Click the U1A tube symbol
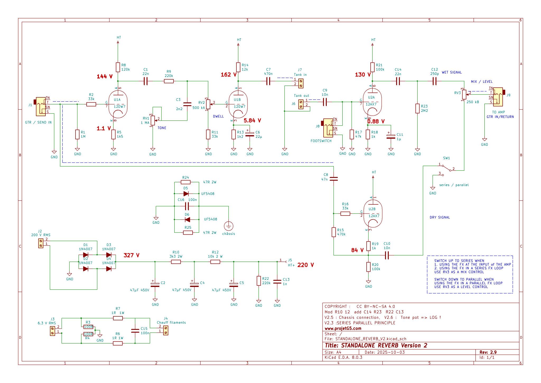pyautogui.click(x=118, y=104)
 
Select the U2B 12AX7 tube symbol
pyautogui.click(x=373, y=213)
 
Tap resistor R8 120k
pyautogui.click(x=118, y=67)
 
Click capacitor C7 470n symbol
pyautogui.click(x=268, y=81)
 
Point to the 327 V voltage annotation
pyautogui.click(x=131, y=255)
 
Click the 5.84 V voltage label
pyautogui.click(x=252, y=121)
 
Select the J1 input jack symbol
pyautogui.click(x=41, y=106)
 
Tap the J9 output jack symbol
pyautogui.click(x=498, y=97)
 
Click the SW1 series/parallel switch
pyautogui.click(x=447, y=168)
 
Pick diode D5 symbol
pyautogui.click(x=186, y=194)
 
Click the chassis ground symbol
pyautogui.click(x=228, y=226)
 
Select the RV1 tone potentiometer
pyautogui.click(x=153, y=120)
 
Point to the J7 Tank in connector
pyautogui.click(x=301, y=84)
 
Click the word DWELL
pyautogui.click(x=218, y=116)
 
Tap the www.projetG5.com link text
pyautogui.click(x=343, y=328)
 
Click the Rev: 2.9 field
pyautogui.click(x=488, y=352)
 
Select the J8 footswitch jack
pyautogui.click(x=328, y=127)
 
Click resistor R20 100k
pyautogui.click(x=369, y=267)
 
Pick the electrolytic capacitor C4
pyautogui.click(x=194, y=285)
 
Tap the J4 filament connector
pyautogui.click(x=166, y=330)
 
